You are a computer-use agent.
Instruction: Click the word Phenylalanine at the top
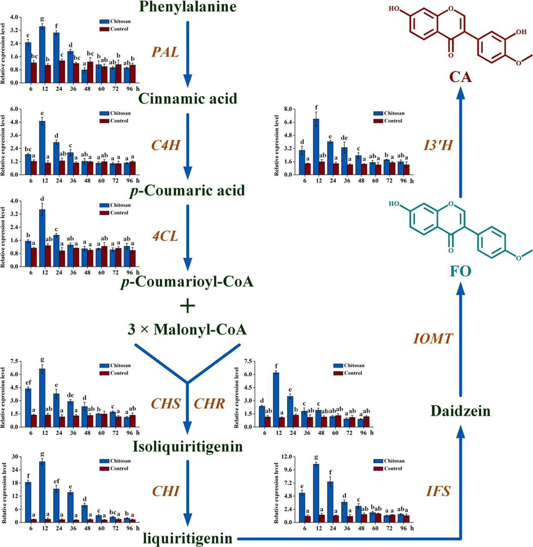click(x=188, y=7)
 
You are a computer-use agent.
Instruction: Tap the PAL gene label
click(x=165, y=52)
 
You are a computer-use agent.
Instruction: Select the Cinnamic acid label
click(x=188, y=98)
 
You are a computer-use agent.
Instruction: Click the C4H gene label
click(x=165, y=145)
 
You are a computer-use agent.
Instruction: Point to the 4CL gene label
click(x=165, y=236)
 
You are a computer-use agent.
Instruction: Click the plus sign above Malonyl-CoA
click(x=188, y=306)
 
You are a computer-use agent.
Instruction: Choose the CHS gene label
click(x=166, y=403)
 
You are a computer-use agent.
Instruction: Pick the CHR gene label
click(x=209, y=403)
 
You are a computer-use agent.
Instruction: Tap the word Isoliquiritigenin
click(x=188, y=446)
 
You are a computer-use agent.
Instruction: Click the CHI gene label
click(x=166, y=491)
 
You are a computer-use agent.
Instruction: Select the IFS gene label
click(x=438, y=491)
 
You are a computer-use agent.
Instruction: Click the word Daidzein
click(x=460, y=411)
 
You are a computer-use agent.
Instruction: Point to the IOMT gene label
click(x=432, y=339)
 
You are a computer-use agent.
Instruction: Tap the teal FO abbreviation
click(x=460, y=271)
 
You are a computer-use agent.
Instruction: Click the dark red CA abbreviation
click(x=460, y=77)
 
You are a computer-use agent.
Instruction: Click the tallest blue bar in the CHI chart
click(x=42, y=492)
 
